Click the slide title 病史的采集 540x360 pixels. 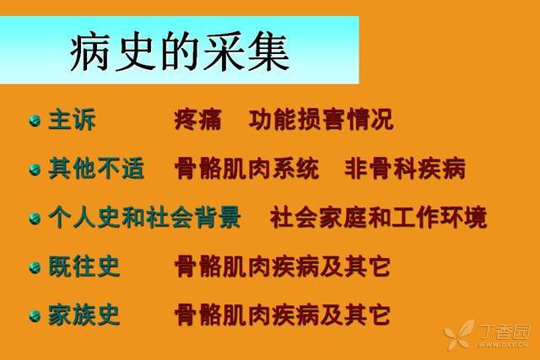(x=180, y=51)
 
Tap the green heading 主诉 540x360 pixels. (x=72, y=120)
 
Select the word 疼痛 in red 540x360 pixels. (x=197, y=120)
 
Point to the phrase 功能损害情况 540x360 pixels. (x=321, y=120)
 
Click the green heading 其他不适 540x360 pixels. (x=96, y=169)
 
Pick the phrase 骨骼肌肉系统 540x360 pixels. (x=247, y=169)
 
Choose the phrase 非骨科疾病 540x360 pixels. (x=405, y=169)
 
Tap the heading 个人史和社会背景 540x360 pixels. (x=144, y=218)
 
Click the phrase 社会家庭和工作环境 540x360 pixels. (x=379, y=218)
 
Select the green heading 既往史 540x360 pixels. (x=84, y=266)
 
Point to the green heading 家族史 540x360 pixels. (x=84, y=315)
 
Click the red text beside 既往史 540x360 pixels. (x=283, y=266)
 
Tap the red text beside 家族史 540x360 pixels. (x=283, y=315)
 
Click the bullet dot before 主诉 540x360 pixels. (x=35, y=121)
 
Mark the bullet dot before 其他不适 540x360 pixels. (x=35, y=169)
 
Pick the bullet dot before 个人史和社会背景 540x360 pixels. (x=35, y=218)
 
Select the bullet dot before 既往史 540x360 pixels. (x=35, y=267)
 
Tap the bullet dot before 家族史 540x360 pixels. (x=35, y=316)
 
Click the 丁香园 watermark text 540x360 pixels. (x=504, y=332)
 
